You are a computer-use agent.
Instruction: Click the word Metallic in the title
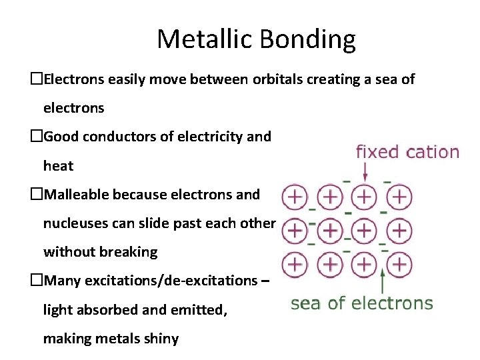(203, 39)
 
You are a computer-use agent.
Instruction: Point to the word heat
(58, 165)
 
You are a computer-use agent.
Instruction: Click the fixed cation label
(407, 152)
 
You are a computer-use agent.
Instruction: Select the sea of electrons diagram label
(361, 303)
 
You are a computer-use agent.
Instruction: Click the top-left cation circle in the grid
(294, 197)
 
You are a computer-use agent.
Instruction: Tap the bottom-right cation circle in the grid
(398, 263)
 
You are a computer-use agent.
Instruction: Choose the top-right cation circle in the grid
(398, 197)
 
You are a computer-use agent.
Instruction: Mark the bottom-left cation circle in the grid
(294, 263)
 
